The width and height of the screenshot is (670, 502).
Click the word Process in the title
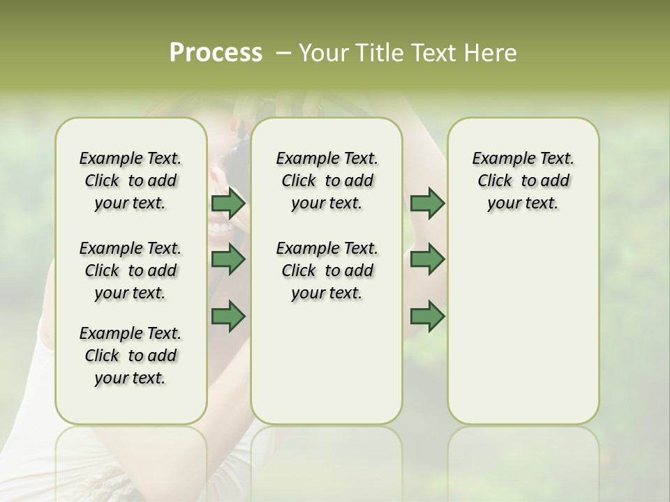(216, 53)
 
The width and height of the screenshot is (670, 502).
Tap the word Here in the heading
(492, 53)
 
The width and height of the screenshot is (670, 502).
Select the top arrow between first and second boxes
(228, 204)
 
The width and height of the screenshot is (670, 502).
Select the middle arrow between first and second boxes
(228, 259)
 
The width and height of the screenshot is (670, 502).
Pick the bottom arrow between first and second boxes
(228, 316)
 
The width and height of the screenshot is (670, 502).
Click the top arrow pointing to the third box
(427, 204)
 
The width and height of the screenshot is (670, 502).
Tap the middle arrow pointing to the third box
(427, 259)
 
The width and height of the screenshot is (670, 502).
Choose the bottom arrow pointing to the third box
(427, 316)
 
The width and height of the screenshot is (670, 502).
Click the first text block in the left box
(131, 181)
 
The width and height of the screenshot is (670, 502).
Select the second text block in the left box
(131, 271)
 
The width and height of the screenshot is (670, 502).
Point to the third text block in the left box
(131, 356)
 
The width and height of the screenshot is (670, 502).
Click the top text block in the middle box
(327, 181)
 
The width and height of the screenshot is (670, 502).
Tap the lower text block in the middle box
(327, 271)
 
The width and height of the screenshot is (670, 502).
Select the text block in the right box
(523, 181)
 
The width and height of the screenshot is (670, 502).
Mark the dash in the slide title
(283, 53)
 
